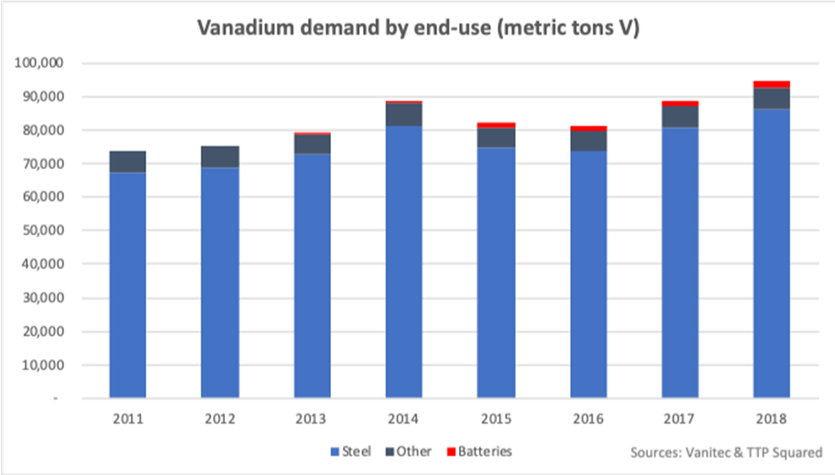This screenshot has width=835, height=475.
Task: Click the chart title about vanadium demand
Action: [x=417, y=29]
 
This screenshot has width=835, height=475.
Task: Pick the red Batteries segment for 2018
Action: [x=771, y=84]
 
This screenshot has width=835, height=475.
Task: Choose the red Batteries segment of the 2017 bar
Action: [x=680, y=103]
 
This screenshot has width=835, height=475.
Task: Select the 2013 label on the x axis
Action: [x=312, y=417]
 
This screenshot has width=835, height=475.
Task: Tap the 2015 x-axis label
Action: [x=496, y=417]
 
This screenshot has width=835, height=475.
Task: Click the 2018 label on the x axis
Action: [x=771, y=417]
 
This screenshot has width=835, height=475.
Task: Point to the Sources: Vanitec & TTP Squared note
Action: [x=726, y=453]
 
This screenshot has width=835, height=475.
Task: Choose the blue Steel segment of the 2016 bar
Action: [x=588, y=277]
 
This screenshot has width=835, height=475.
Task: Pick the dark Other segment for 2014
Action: [x=404, y=114]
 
